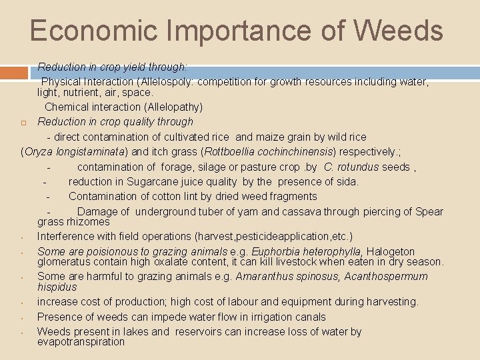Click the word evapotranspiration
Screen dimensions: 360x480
81,341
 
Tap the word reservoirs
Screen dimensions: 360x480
205,331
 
